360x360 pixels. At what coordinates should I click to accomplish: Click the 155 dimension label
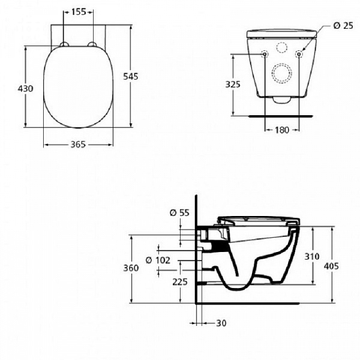click(78, 11)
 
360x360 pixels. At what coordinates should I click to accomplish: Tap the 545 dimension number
click(139, 76)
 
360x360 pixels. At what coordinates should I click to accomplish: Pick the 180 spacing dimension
click(282, 130)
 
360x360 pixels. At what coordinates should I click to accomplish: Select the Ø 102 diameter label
click(158, 260)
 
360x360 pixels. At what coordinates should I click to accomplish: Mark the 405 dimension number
click(344, 265)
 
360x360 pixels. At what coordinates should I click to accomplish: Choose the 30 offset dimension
click(221, 323)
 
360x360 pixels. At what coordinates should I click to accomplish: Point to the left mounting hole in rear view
click(265, 55)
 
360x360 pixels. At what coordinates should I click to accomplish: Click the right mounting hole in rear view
click(299, 55)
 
